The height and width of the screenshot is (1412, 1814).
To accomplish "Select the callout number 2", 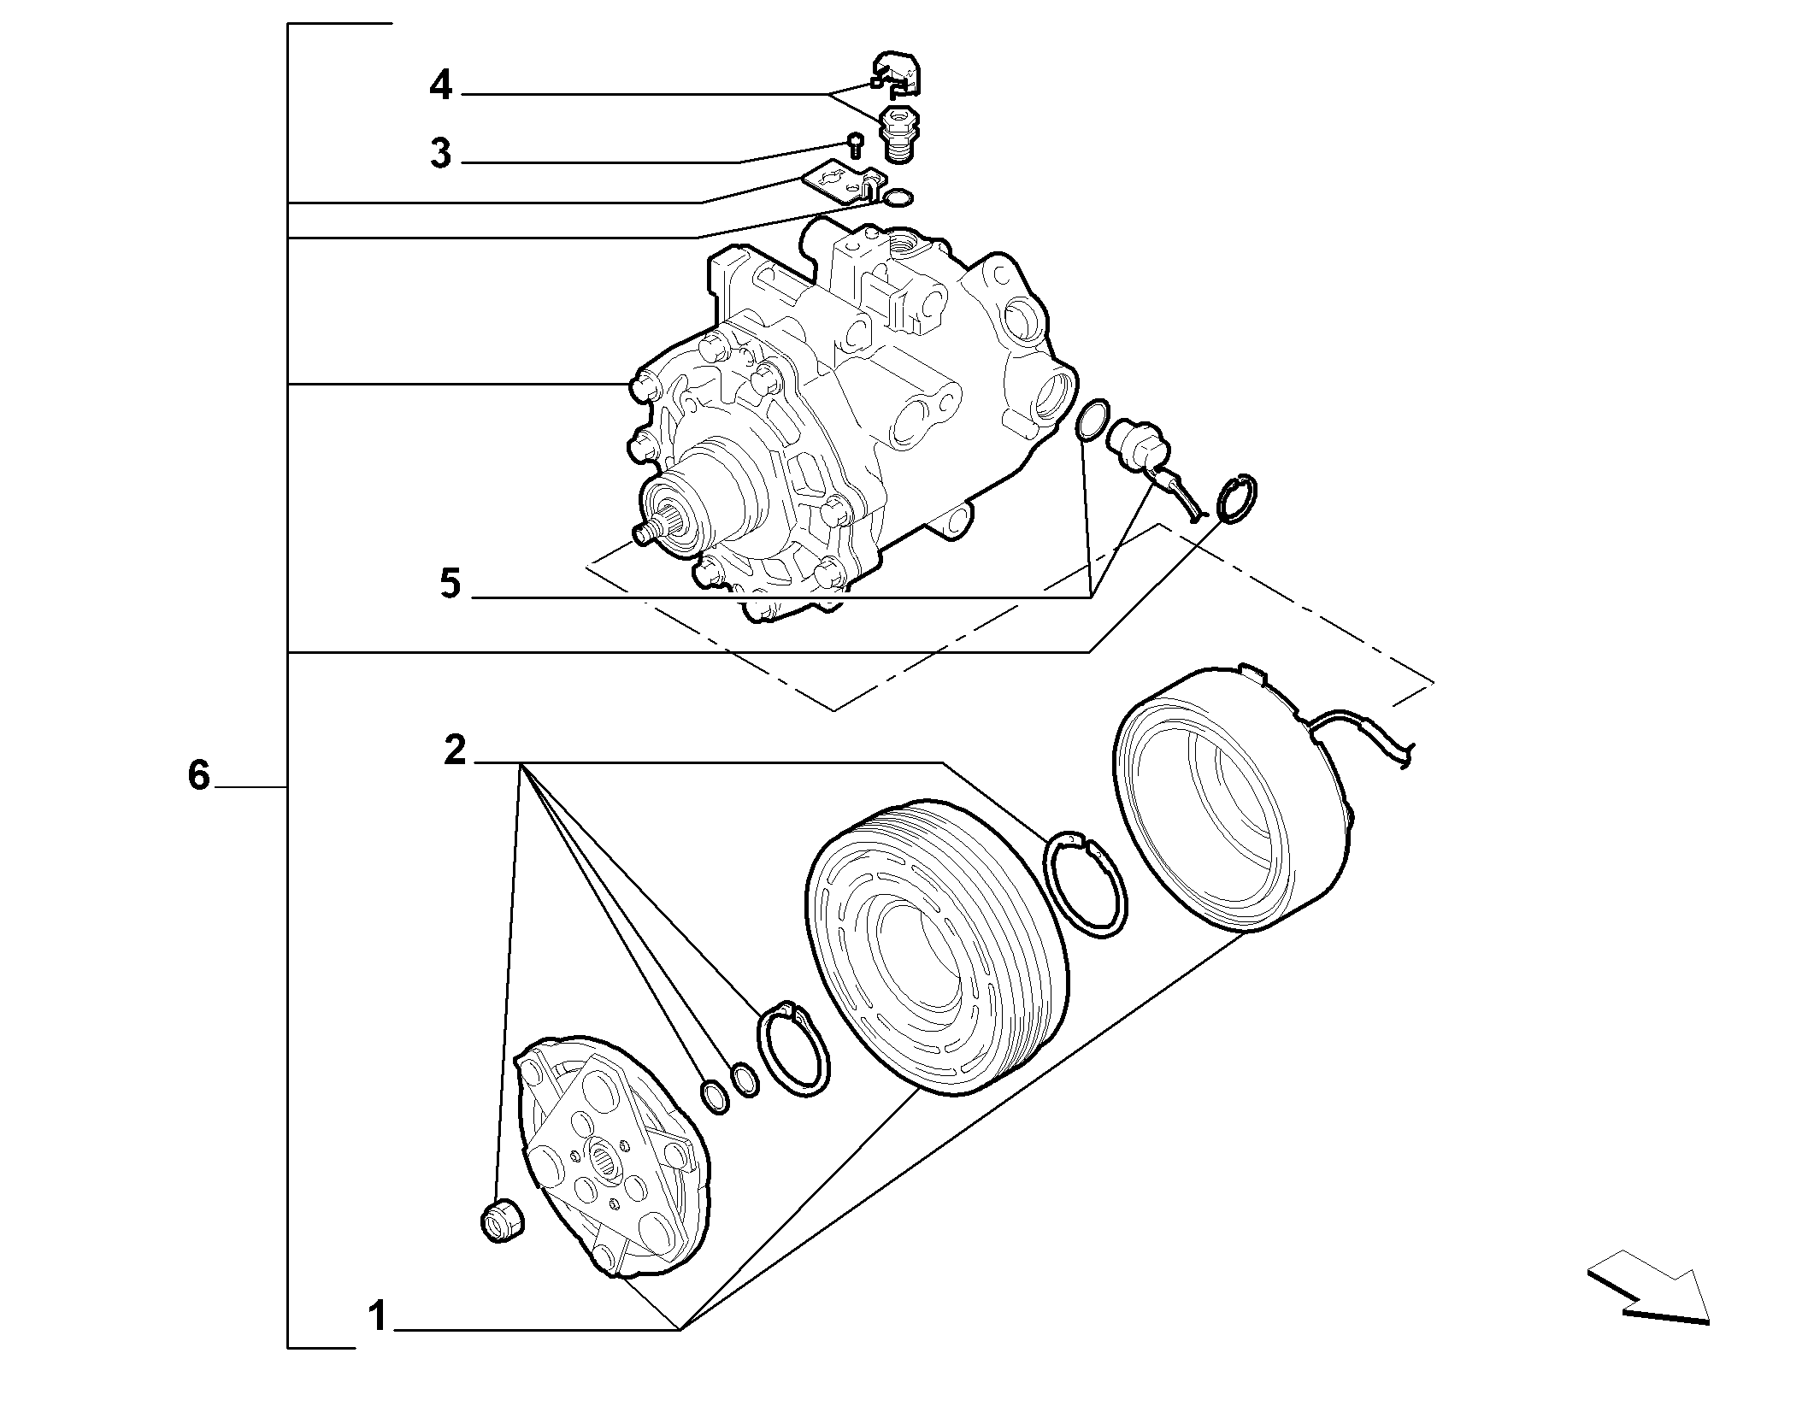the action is tap(455, 750).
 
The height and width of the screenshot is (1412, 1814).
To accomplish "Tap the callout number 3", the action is tap(440, 154).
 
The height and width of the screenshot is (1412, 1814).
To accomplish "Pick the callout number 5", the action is tap(450, 584).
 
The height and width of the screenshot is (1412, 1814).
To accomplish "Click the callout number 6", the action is tap(198, 775).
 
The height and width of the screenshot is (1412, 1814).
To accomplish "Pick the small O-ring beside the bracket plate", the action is tap(898, 198).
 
